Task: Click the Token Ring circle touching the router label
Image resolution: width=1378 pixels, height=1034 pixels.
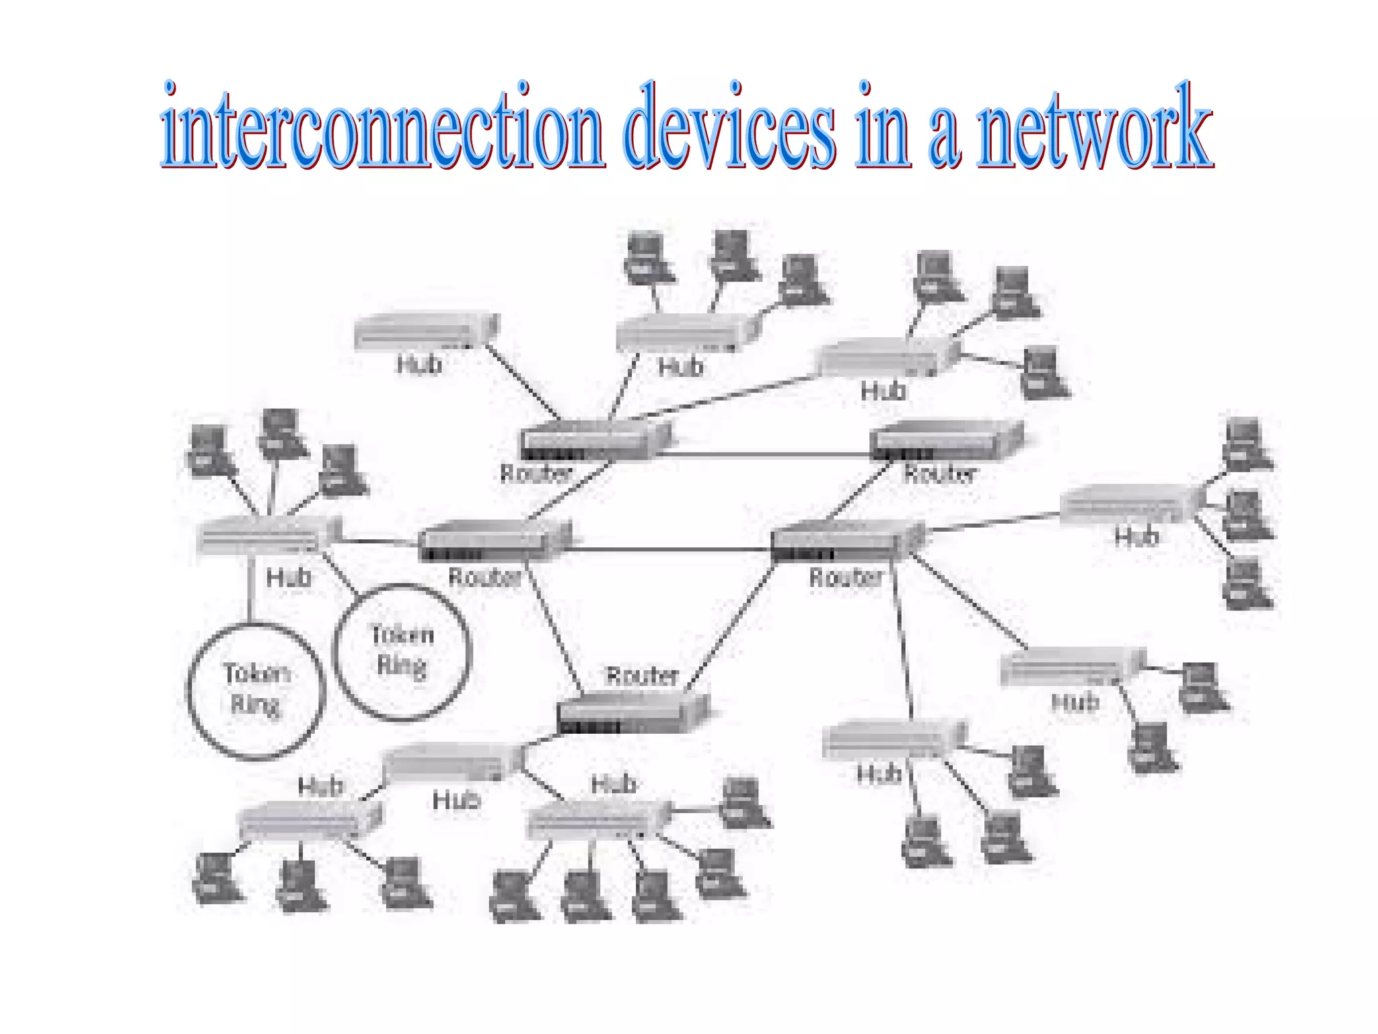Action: (x=402, y=652)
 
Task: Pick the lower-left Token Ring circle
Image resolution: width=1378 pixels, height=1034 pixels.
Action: (x=256, y=691)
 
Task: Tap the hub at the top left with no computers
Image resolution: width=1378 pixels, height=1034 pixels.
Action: (x=425, y=331)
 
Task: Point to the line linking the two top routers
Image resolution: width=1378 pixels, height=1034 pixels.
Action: (x=764, y=456)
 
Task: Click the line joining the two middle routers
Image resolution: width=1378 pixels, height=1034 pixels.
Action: (x=669, y=550)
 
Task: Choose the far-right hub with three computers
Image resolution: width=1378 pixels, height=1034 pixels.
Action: (x=1130, y=503)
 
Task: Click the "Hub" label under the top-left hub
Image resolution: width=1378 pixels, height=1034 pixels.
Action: (x=419, y=365)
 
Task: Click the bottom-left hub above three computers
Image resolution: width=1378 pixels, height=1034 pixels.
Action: (x=310, y=820)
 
